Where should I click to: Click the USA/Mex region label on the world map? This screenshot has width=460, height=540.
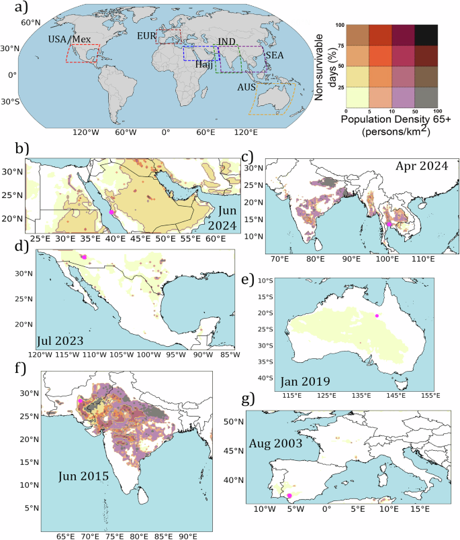(70, 40)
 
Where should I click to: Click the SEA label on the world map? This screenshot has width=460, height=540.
(274, 54)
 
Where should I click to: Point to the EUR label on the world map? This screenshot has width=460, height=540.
(146, 35)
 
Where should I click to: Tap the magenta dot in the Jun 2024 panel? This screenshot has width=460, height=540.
(111, 212)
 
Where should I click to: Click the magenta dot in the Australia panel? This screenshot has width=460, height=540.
(377, 315)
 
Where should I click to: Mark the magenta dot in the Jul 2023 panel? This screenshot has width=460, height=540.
(84, 256)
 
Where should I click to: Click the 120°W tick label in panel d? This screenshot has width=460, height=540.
(40, 354)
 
